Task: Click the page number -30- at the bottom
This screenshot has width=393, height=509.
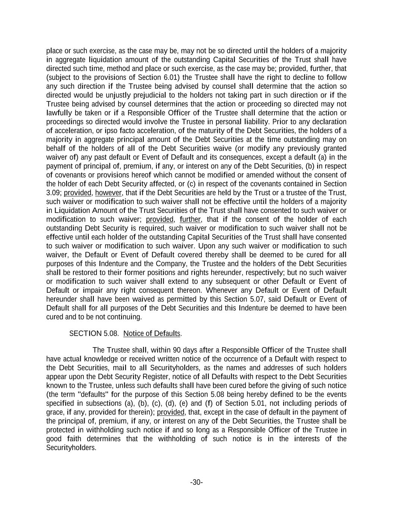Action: click(x=196, y=483)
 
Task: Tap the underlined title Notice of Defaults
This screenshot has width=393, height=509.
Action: click(x=152, y=333)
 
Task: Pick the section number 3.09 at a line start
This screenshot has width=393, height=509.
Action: click(x=53, y=193)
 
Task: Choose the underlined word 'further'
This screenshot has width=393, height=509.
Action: click(x=190, y=219)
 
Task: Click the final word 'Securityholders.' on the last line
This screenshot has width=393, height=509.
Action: click(x=71, y=447)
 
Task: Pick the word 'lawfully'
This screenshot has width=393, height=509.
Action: click(x=59, y=113)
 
